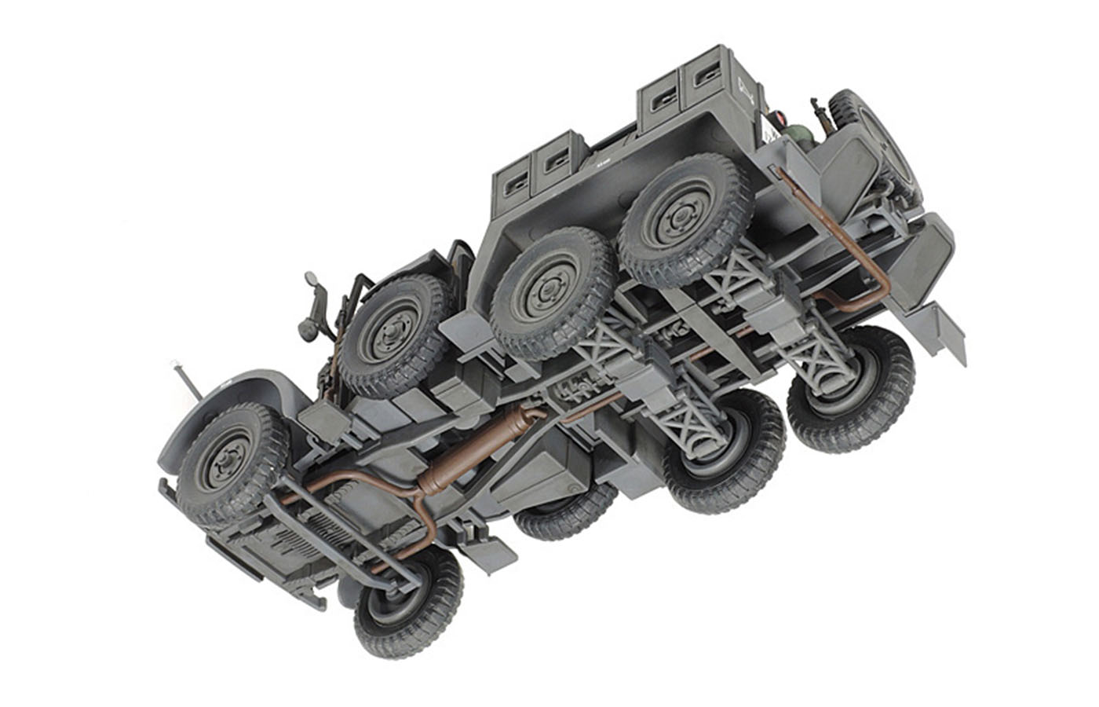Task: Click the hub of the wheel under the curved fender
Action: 229,460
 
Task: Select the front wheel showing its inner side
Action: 407,600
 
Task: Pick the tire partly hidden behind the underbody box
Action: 565,515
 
